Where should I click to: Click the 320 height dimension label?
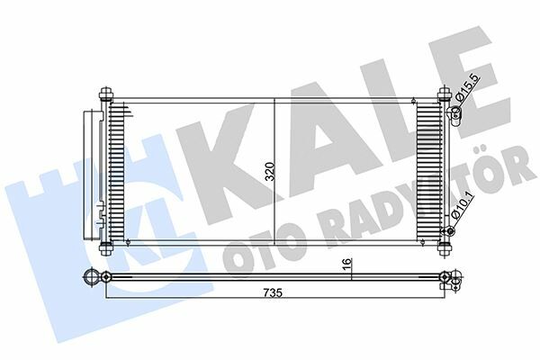pos(271,172)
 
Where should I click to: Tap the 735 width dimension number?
pos(273,292)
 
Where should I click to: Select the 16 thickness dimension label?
pos(347,262)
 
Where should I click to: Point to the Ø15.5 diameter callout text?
pos(467,88)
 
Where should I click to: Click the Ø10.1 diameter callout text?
pos(463,207)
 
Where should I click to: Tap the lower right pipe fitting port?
pos(449,230)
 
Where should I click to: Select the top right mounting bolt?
pos(445,94)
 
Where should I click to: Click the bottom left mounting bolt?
pos(106,248)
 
